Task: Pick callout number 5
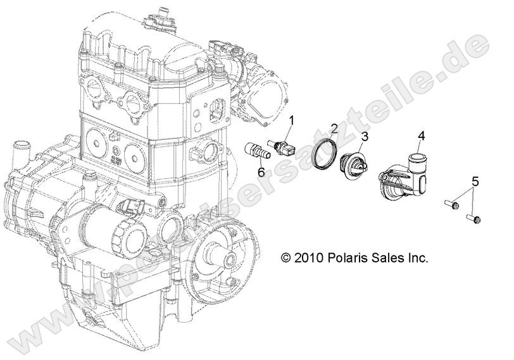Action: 475,181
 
